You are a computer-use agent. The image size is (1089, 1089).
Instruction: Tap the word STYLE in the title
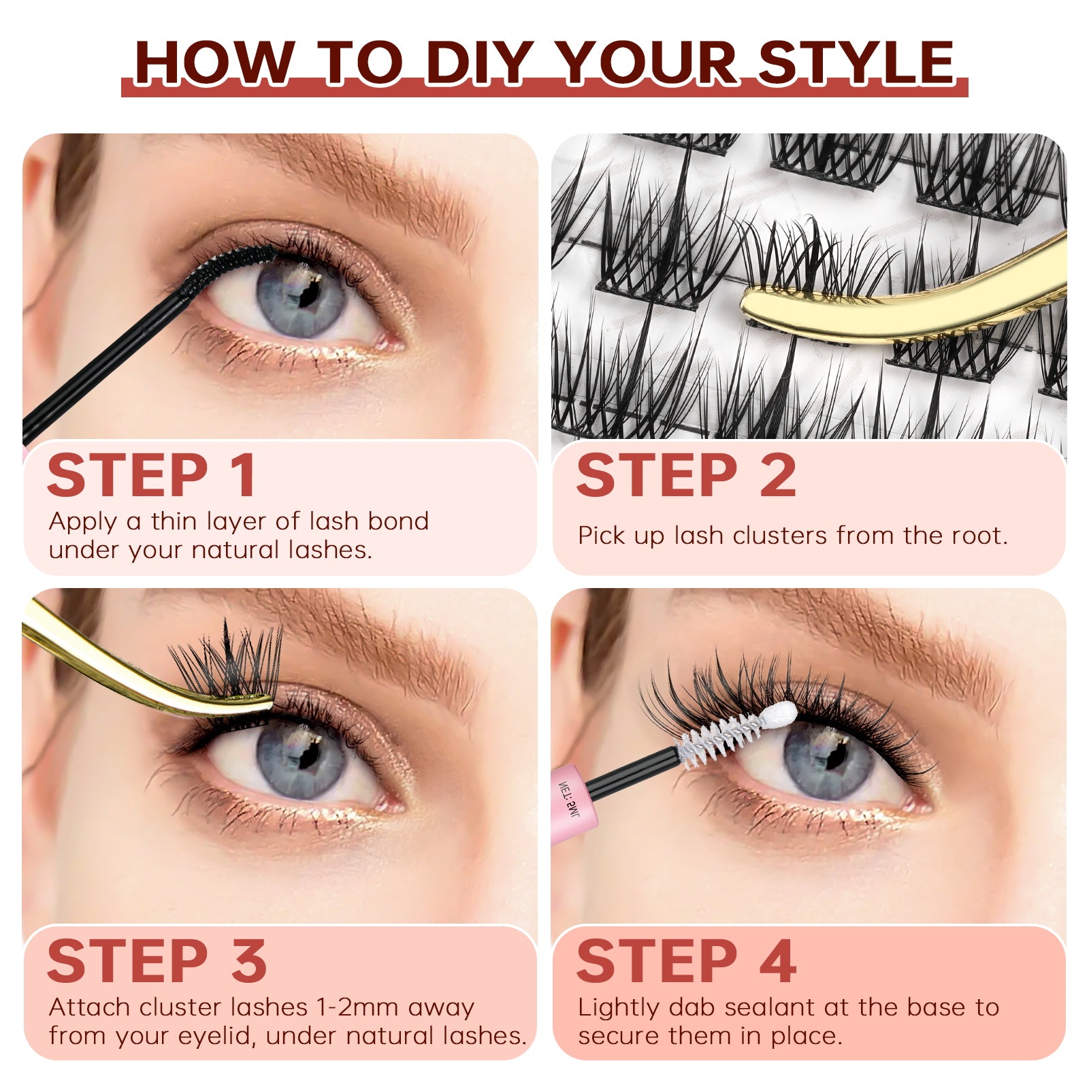click(857, 63)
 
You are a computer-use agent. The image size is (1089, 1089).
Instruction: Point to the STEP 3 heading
click(157, 960)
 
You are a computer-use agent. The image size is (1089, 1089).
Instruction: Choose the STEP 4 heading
click(686, 960)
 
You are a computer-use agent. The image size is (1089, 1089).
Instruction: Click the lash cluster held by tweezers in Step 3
click(228, 664)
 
